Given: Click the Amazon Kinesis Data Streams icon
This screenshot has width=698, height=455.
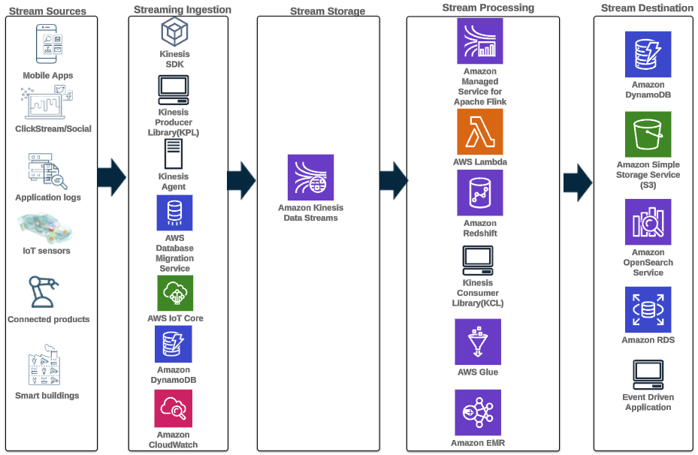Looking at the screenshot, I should pos(310,177).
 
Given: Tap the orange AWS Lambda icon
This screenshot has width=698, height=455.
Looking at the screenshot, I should pos(479,131).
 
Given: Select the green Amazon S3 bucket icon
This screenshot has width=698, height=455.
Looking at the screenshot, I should pos(648,134).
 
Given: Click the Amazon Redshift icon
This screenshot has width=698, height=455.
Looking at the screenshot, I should pos(479,192).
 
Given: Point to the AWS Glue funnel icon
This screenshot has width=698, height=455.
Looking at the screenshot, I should pos(478,342).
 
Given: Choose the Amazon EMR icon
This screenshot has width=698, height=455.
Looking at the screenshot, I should pos(478,412).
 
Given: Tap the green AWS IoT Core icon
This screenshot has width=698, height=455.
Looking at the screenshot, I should pos(174,293).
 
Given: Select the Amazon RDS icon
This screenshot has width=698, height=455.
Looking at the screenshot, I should pos(648,309).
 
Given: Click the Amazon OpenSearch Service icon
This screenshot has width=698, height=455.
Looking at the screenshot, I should pos(648,222).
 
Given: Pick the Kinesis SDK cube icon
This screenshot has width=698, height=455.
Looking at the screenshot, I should pos(174,32).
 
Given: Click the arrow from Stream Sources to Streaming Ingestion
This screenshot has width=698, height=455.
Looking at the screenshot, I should pos(112,177).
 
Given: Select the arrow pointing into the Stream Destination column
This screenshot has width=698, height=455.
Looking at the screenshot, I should pos(578,181).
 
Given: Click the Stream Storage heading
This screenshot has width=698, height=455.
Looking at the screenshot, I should pos(328,11).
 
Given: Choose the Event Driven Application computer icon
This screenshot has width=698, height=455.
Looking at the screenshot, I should pos(648,373).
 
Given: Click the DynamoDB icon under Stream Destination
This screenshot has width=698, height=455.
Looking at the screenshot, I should pos(648,55).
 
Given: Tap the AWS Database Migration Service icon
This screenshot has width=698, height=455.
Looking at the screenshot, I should pos(174,212).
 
